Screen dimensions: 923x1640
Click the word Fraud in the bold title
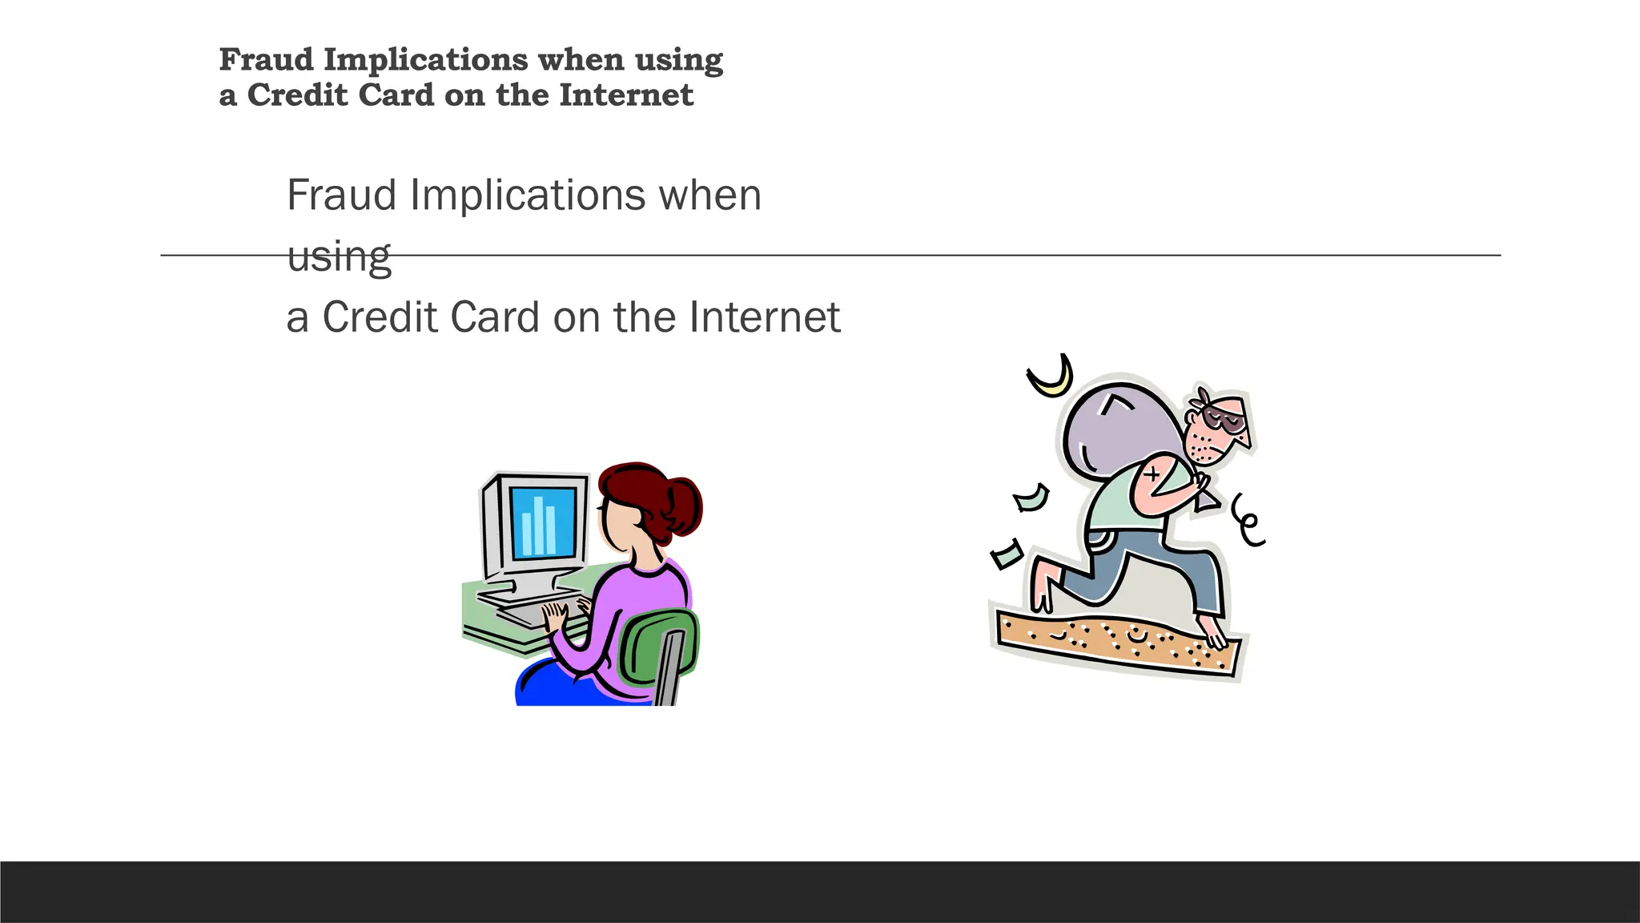(x=267, y=60)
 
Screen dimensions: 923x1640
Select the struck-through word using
(x=339, y=256)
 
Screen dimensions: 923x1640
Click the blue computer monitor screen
(x=544, y=522)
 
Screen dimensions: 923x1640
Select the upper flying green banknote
(x=1031, y=498)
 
